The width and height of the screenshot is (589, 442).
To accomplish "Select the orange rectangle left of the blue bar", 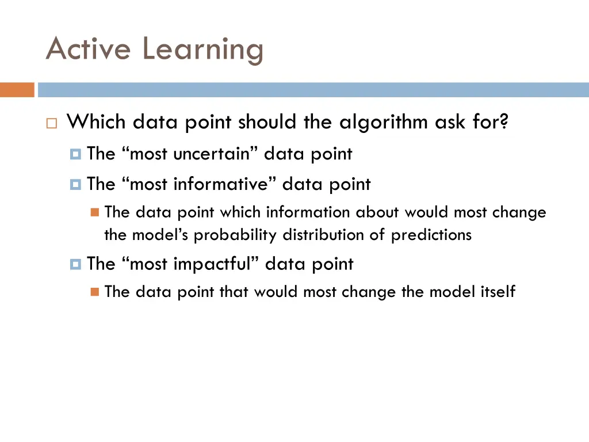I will pyautogui.click(x=17, y=90).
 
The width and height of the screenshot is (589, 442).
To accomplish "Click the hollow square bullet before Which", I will pyautogui.click(x=51, y=123).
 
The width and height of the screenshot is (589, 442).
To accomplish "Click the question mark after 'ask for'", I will pyautogui.click(x=504, y=122).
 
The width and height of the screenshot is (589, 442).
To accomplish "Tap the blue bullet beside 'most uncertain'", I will pyautogui.click(x=75, y=154).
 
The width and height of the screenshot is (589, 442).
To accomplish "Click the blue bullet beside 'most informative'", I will pyautogui.click(x=75, y=185).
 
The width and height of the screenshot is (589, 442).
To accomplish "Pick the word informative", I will pyautogui.click(x=222, y=185).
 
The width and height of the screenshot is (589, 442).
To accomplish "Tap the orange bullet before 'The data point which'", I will pyautogui.click(x=95, y=213).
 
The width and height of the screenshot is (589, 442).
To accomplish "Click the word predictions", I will pyautogui.click(x=431, y=235).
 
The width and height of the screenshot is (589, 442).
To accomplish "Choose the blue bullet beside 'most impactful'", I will pyautogui.click(x=75, y=264).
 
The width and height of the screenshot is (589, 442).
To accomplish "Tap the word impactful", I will pyautogui.click(x=214, y=264).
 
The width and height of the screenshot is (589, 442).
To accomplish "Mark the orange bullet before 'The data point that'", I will pyautogui.click(x=95, y=292).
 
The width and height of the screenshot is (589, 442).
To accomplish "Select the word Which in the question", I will pyautogui.click(x=97, y=122).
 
